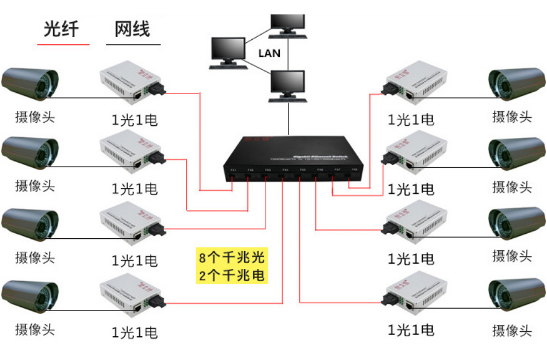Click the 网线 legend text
pos(133,28)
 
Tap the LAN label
pos(269,53)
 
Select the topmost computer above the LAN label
pos(288,23)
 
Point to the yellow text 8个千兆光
pos(231,257)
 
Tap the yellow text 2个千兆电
pos(231,275)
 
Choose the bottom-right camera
pos(516,295)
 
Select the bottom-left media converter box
pos(132,295)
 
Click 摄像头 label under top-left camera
pos(35,117)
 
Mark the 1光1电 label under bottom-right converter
pos(411,330)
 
